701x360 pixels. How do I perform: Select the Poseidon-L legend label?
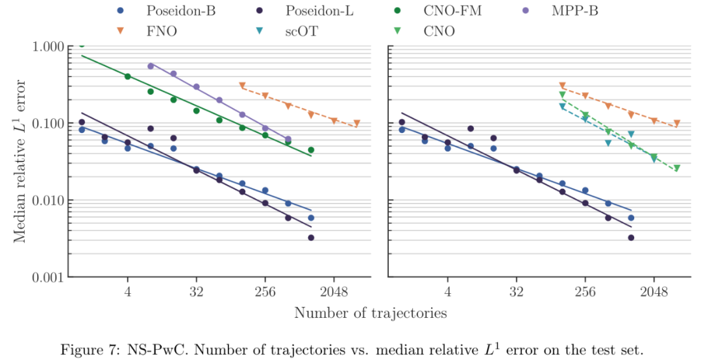point(317,11)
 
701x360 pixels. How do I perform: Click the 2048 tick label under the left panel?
point(334,292)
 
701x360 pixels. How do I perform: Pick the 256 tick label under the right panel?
point(585,292)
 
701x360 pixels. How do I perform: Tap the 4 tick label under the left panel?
point(128,292)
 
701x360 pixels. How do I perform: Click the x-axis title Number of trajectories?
point(370,313)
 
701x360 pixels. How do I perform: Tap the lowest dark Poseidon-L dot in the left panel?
point(311,238)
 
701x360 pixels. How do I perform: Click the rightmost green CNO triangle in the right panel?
point(676,169)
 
